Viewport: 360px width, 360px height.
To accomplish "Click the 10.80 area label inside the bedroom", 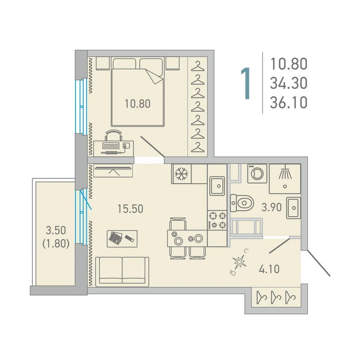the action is pyautogui.click(x=138, y=104).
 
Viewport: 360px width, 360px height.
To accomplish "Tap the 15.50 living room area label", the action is pyautogui.click(x=130, y=209).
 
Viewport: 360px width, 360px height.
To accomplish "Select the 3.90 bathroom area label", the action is pyautogui.click(x=271, y=208).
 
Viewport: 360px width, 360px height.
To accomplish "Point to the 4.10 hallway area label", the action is pyautogui.click(x=269, y=269).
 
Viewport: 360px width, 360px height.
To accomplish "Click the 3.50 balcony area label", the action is pyautogui.click(x=56, y=230).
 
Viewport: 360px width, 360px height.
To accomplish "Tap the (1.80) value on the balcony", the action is pyautogui.click(x=56, y=244).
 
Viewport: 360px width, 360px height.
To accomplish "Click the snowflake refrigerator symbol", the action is pyautogui.click(x=181, y=174).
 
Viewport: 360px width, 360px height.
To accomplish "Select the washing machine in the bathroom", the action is pyautogui.click(x=257, y=174).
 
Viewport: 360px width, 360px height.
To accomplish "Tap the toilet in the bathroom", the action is pyautogui.click(x=242, y=203).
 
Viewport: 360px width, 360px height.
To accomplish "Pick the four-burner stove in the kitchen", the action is pyautogui.click(x=217, y=220).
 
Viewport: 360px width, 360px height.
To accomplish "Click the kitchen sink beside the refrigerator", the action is pyautogui.click(x=217, y=186).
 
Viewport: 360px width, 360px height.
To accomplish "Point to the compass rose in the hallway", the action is pyautogui.click(x=239, y=262).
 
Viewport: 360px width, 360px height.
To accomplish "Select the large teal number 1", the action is pyautogui.click(x=246, y=84).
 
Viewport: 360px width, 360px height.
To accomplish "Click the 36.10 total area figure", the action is pyautogui.click(x=289, y=103).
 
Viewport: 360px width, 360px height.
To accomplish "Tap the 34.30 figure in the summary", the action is pyautogui.click(x=289, y=84).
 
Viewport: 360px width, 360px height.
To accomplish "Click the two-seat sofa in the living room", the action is pyautogui.click(x=122, y=271).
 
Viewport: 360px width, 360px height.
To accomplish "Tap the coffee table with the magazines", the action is pyautogui.click(x=122, y=239).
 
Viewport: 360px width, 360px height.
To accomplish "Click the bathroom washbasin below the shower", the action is pyautogui.click(x=293, y=208).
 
